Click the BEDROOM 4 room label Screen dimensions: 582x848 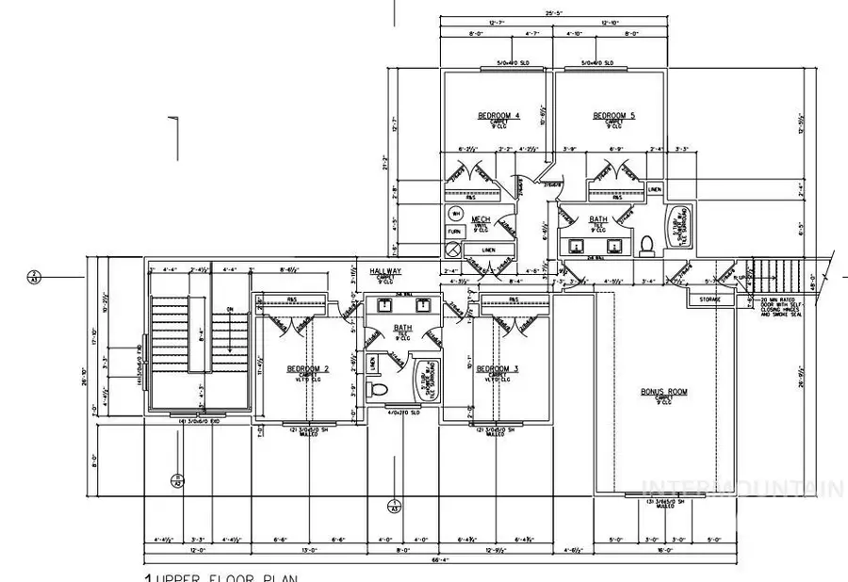point(498,116)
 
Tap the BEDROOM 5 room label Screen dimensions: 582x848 point(613,116)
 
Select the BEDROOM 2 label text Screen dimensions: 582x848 point(308,369)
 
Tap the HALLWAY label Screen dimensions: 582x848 point(386,271)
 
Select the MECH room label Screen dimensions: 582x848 point(481,218)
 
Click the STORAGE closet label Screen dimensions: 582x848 point(709,299)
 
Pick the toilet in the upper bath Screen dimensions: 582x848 point(646,245)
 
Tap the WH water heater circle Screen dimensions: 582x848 point(455,213)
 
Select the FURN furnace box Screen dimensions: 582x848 point(454,230)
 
